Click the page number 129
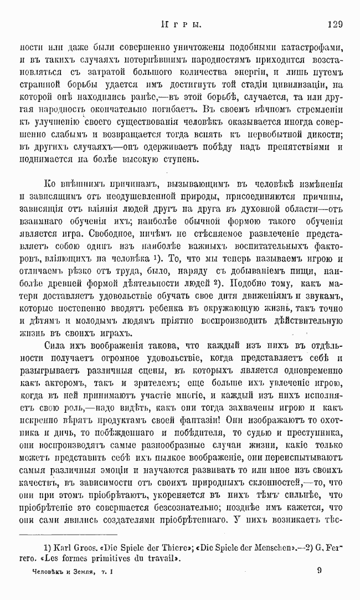pyautogui.click(x=336, y=25)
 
